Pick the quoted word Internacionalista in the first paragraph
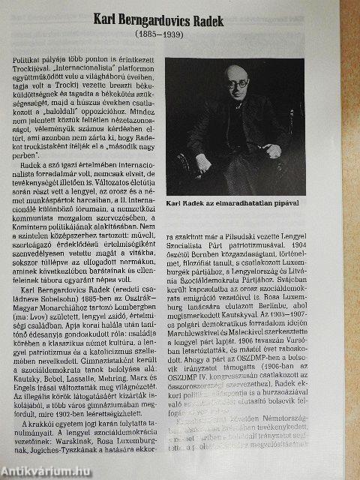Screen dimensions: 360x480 tap(98, 67)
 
